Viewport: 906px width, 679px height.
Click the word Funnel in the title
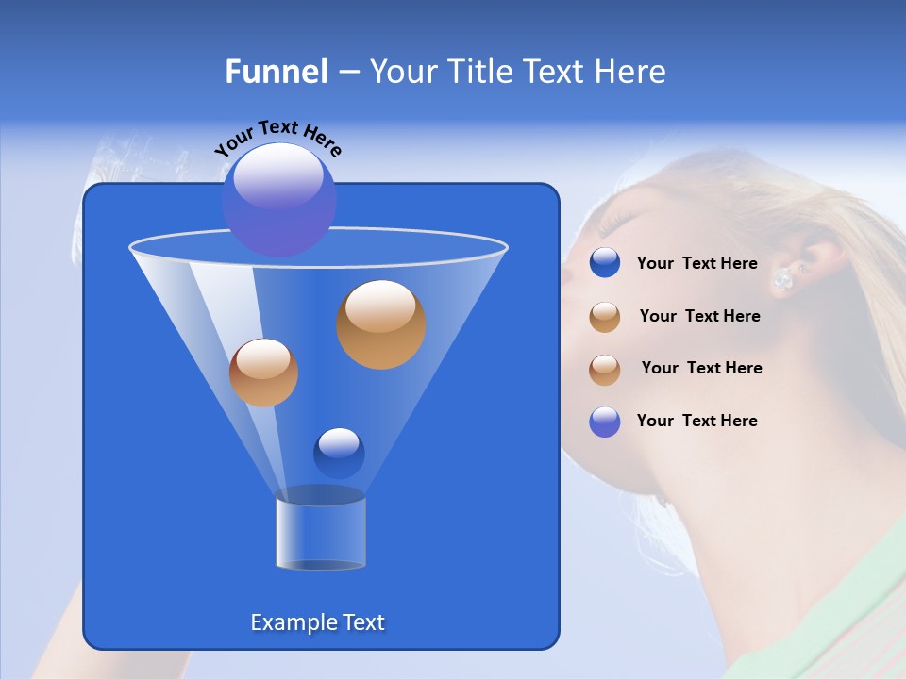pyautogui.click(x=276, y=72)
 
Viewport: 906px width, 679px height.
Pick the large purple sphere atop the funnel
pyautogui.click(x=278, y=199)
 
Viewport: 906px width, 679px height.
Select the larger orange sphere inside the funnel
pyautogui.click(x=380, y=324)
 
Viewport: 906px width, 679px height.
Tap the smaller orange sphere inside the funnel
pyautogui.click(x=263, y=373)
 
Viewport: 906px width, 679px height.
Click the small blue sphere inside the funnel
pyautogui.click(x=339, y=453)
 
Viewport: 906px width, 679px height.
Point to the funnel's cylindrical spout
pyautogui.click(x=320, y=533)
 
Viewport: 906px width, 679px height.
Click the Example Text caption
pyautogui.click(x=318, y=622)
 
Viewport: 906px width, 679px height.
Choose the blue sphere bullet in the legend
pyautogui.click(x=605, y=263)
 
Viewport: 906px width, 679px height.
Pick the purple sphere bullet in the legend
pyautogui.click(x=605, y=422)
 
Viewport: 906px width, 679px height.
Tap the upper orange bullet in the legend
pyautogui.click(x=605, y=317)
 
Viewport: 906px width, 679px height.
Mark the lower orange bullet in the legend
pyautogui.click(x=605, y=370)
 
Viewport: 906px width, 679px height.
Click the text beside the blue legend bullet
pyautogui.click(x=696, y=264)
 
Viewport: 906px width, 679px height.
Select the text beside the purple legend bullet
pyautogui.click(x=696, y=421)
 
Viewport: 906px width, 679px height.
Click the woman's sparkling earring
pyautogui.click(x=782, y=279)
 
